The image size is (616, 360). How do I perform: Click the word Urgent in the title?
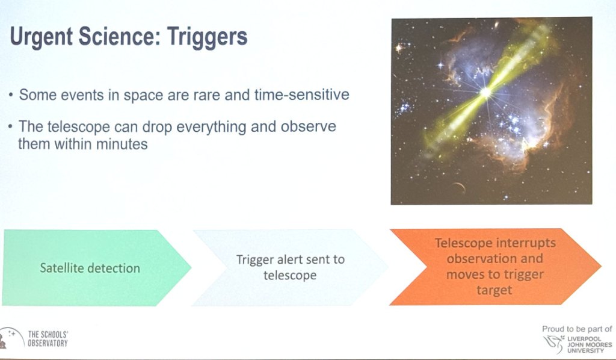click(42, 37)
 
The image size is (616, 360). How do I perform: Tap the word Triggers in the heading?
click(207, 37)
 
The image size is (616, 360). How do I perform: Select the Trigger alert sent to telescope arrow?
click(291, 268)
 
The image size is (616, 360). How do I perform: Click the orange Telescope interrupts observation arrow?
click(495, 267)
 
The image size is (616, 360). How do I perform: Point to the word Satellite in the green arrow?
click(62, 268)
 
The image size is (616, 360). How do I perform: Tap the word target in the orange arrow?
click(494, 290)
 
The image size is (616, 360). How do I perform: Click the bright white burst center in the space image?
click(486, 93)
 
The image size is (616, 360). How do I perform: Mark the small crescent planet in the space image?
click(458, 188)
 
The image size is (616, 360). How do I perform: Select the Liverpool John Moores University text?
click(589, 344)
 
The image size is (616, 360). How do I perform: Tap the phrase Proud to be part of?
click(577, 329)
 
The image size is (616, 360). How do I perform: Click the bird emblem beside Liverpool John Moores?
click(554, 344)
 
